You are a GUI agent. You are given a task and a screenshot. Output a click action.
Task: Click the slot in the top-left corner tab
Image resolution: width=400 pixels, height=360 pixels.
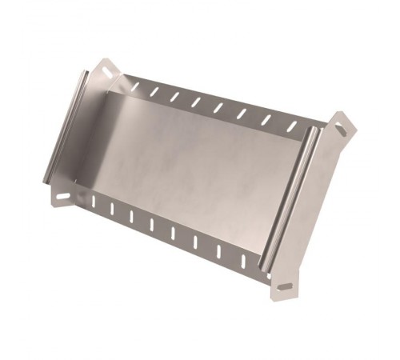(x=106, y=74)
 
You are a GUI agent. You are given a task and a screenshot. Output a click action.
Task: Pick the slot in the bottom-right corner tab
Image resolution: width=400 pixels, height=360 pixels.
(x=284, y=286)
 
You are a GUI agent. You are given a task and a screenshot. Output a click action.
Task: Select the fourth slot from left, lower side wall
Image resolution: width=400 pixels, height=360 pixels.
(x=151, y=225)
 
